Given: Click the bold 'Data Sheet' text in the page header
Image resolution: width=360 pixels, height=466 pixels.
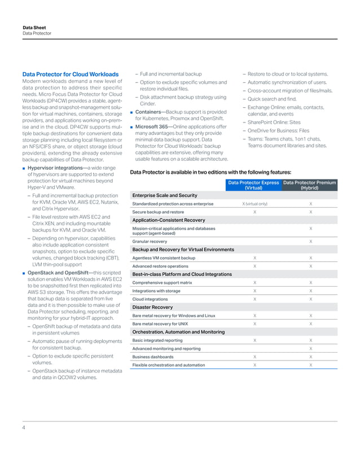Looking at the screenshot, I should tap(34, 27).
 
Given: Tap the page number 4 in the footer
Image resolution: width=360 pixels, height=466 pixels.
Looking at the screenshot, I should tap(24, 428).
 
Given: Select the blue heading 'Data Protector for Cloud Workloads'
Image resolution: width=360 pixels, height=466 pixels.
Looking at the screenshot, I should tap(70, 74).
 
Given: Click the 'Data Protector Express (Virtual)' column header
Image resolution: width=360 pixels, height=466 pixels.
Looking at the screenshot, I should tap(253, 185).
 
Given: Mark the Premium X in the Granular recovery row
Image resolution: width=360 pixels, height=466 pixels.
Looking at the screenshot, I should tap(311, 241).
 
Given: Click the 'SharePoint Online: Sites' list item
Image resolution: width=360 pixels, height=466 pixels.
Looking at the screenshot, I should tap(274, 122).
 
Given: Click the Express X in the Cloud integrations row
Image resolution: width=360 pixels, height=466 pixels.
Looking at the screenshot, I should tap(254, 299).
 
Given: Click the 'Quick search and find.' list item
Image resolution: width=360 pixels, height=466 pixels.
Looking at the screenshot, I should tap(273, 98).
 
